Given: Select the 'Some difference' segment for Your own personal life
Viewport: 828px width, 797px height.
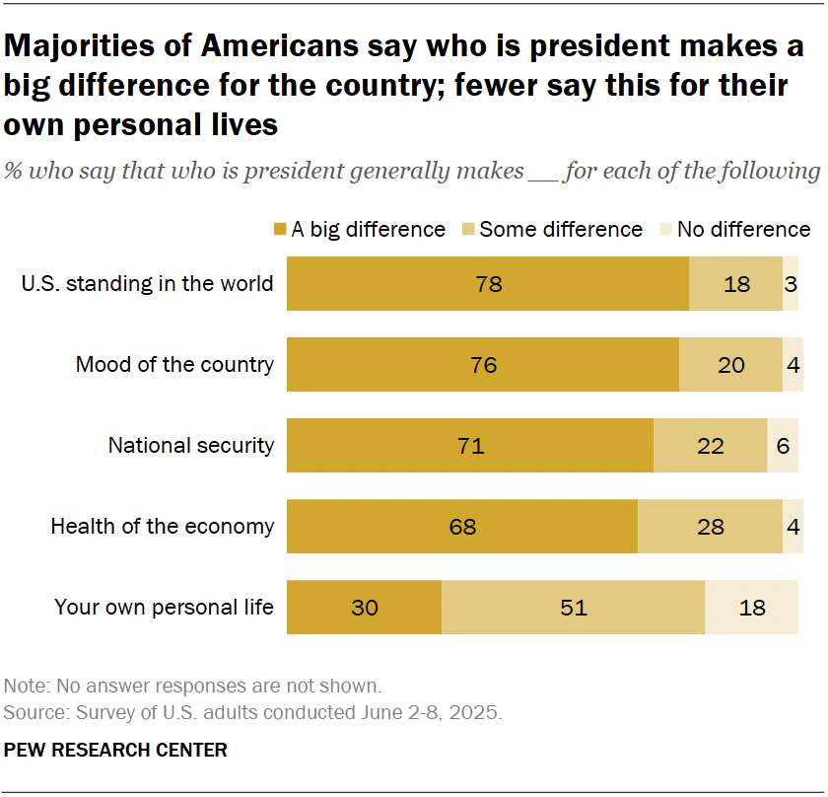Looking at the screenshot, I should tap(573, 608).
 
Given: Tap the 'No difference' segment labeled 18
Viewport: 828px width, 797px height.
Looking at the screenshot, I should tap(751, 608).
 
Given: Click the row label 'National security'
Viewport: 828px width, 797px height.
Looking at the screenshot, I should tap(191, 446).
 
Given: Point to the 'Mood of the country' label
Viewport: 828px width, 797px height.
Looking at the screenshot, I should tap(175, 365).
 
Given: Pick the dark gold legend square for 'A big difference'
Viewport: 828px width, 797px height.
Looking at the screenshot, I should tap(280, 230).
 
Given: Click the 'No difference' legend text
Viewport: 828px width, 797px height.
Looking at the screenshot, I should tap(744, 230).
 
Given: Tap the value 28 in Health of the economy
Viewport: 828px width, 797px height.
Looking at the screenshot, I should tap(710, 527).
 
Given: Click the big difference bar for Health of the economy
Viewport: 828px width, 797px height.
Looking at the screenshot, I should tap(462, 527).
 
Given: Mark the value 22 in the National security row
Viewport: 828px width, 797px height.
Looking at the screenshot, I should tap(710, 446).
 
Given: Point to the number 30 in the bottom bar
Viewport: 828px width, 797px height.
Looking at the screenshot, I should tap(364, 608).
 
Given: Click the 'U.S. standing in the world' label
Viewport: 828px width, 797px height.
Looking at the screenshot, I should tap(148, 284).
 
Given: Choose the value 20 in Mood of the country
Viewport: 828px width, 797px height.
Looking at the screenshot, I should tap(730, 365).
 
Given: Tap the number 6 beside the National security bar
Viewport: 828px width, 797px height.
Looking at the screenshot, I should tap(783, 446).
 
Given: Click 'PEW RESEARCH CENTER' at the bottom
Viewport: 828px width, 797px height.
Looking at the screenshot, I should tap(115, 751).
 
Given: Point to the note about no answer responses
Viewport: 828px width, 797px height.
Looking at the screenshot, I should tap(192, 686).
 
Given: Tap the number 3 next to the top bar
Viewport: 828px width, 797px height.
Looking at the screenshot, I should tap(791, 284).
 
